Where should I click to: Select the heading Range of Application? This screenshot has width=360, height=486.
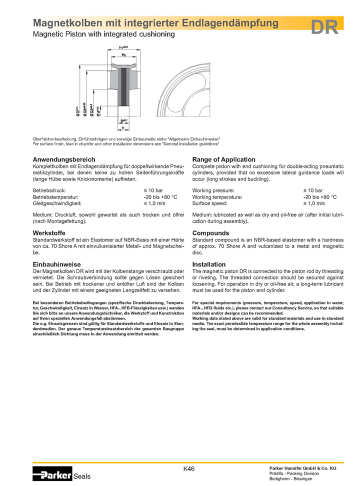coord(223,159)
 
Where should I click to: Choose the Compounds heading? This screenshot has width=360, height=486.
coord(210,233)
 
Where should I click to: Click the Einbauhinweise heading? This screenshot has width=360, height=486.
coord(56,264)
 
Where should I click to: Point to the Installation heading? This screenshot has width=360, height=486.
coord(208,264)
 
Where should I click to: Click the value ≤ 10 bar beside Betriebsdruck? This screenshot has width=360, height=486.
coord(153,191)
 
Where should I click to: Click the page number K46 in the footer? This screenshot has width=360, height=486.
coord(189,468)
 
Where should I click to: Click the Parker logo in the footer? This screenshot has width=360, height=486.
coord(52,473)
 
